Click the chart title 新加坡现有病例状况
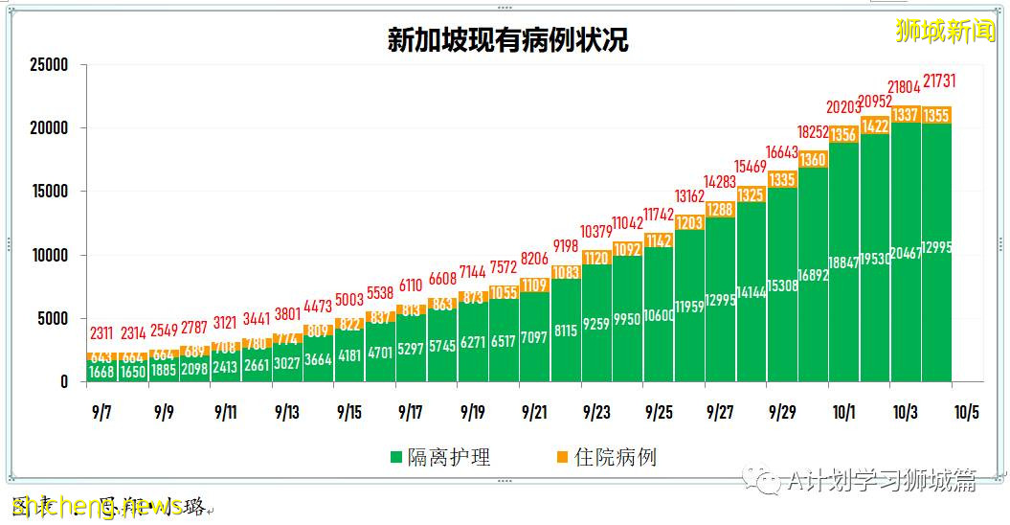coord(507,40)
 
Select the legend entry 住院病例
coord(606,457)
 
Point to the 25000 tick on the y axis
coord(49,65)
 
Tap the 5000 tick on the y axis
coord(53,318)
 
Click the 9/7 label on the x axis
coord(101,412)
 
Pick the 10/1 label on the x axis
coord(843,412)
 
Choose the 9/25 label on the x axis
coord(659,412)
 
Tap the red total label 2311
coord(102,334)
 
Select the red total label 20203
coord(844,107)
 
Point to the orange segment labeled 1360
coord(813,160)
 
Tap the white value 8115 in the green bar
coord(566,330)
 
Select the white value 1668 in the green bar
coord(102,372)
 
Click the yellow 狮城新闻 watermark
coord(945,31)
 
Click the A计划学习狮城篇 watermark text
coord(881,481)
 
